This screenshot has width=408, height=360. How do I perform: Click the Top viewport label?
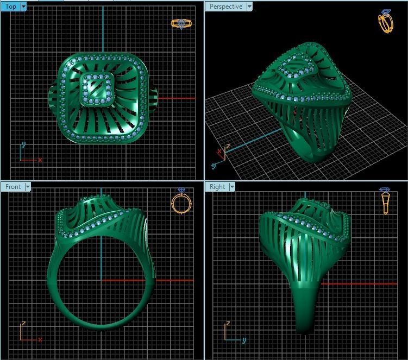coord(10,7)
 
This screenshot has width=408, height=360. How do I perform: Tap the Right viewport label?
coord(217,187)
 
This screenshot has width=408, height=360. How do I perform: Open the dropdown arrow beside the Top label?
coord(23,7)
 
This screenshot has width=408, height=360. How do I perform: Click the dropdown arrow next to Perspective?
coord(249,7)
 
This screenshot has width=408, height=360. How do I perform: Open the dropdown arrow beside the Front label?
coord(27,187)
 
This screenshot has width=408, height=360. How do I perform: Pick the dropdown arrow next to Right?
coord(232,187)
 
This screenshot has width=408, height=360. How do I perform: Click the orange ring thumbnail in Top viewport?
coord(181,23)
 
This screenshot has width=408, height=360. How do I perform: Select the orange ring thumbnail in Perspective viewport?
coord(385,22)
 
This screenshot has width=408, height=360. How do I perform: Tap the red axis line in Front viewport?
coord(163,280)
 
